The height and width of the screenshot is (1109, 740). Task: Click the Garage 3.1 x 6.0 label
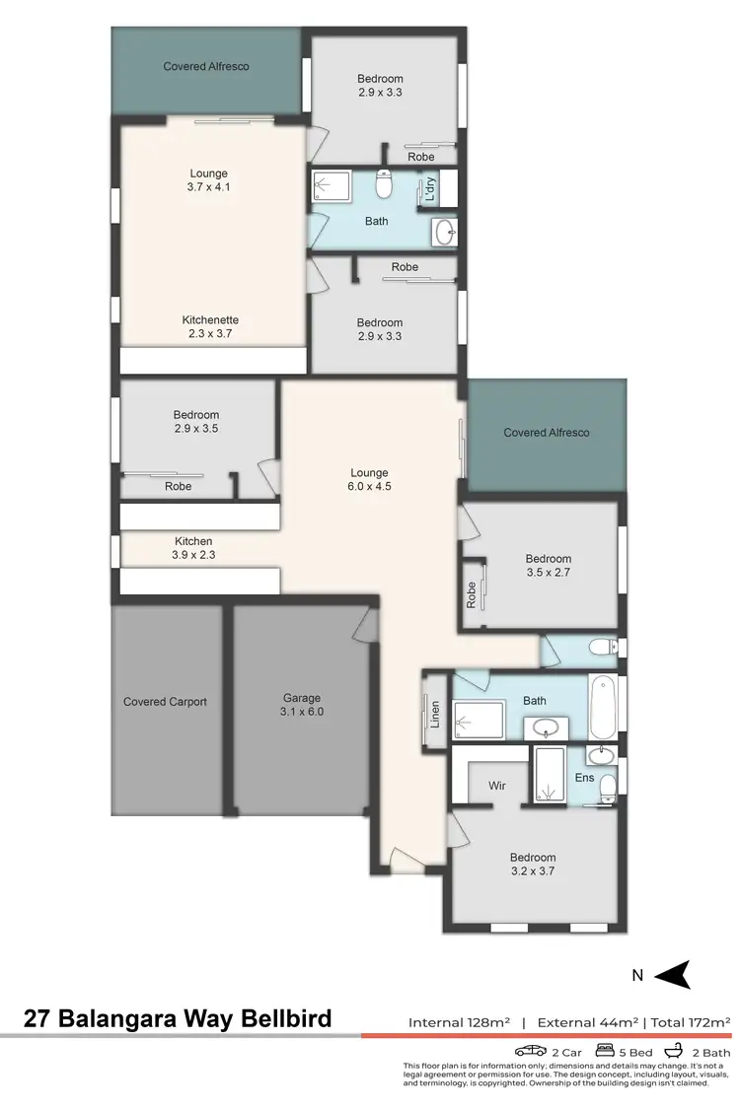tap(302, 704)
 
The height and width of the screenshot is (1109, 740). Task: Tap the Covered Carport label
tap(165, 702)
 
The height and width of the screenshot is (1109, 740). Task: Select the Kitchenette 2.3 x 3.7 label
tap(210, 327)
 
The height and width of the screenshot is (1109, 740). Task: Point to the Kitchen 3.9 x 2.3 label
tap(194, 548)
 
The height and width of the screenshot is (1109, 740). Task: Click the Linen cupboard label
tap(435, 712)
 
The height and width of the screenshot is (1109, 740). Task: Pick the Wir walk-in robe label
tap(498, 786)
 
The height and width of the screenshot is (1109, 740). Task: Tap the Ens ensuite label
tap(585, 778)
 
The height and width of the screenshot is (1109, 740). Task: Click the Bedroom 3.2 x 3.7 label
tap(533, 864)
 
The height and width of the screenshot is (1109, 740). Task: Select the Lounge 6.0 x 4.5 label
tap(370, 479)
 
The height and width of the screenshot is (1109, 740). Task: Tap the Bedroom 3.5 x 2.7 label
tap(548, 565)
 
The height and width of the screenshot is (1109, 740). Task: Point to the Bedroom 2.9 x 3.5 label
tap(196, 422)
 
